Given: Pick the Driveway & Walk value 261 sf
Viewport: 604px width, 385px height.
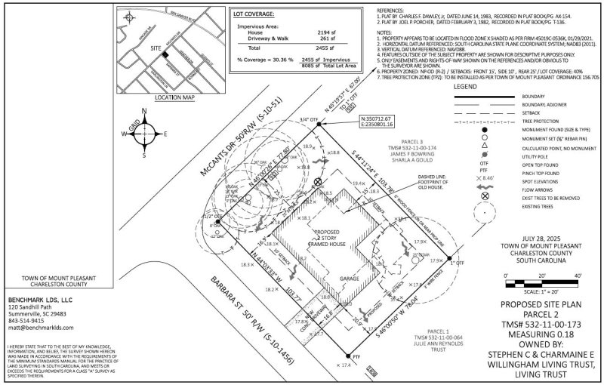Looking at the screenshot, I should click(317, 41).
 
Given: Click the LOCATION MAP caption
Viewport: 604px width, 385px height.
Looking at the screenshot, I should click(153, 97).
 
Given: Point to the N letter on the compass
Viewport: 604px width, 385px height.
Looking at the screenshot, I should click(144, 109).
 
